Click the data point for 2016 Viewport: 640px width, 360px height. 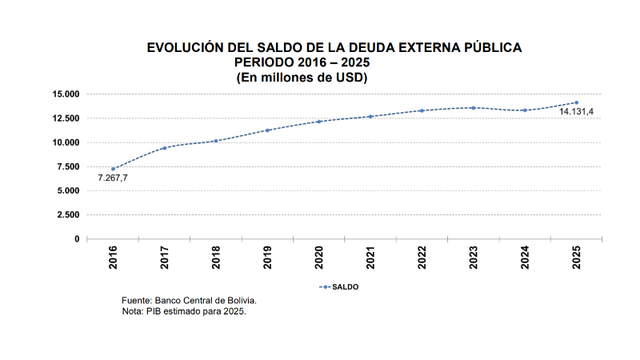113,169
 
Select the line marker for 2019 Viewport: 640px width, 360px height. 267,130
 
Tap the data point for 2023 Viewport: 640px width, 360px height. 474,108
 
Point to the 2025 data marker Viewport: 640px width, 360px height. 576,102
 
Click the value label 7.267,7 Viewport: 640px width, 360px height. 113,178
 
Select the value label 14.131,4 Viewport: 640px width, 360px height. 576,112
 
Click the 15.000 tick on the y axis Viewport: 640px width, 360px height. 66,94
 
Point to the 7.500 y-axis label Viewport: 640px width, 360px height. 68,166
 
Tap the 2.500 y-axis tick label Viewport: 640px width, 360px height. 68,214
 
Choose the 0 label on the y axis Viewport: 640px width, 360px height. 77,238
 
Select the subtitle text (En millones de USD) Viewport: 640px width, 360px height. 302,77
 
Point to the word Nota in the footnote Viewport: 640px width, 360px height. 132,310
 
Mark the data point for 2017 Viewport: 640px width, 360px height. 164,148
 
